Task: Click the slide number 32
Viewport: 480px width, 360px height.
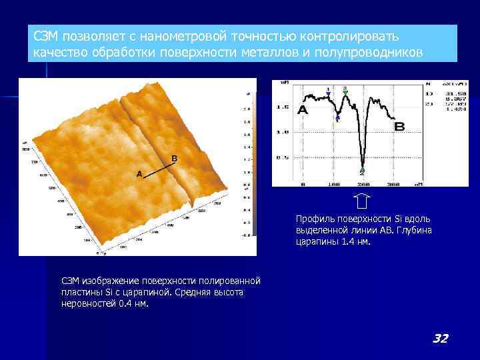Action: point(440,339)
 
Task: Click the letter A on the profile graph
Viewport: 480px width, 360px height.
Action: point(302,110)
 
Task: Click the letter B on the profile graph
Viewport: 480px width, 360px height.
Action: point(399,126)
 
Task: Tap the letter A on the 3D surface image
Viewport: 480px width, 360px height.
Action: point(139,174)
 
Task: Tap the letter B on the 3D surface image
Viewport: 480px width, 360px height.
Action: point(174,158)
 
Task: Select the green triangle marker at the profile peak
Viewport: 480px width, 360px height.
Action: point(345,89)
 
